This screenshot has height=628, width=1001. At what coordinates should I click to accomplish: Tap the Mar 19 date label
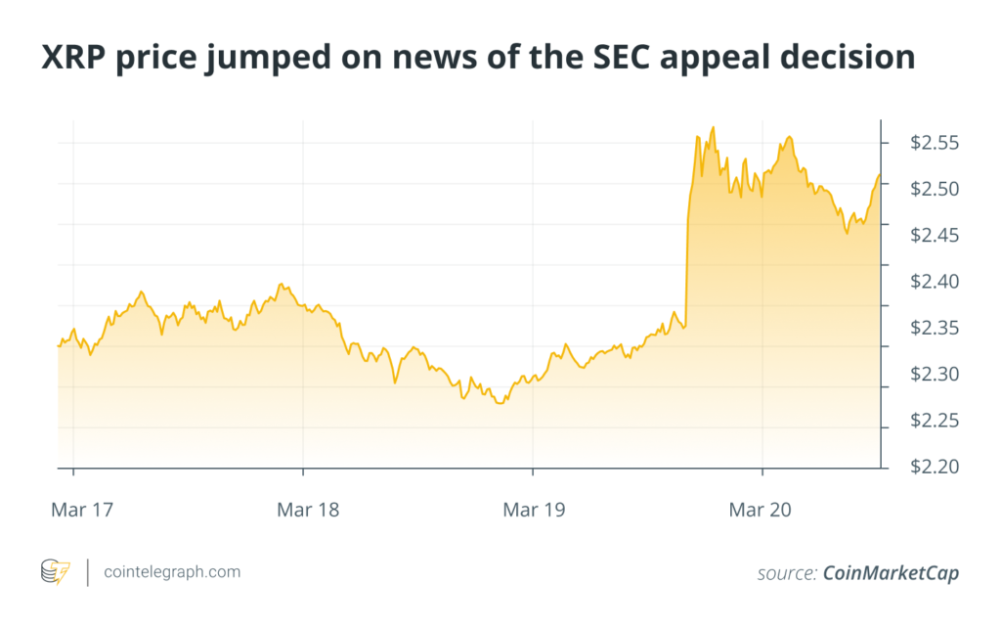pyautogui.click(x=534, y=509)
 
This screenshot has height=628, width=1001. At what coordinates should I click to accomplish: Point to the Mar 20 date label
pyautogui.click(x=763, y=509)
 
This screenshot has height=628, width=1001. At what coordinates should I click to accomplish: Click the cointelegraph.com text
pyautogui.click(x=172, y=572)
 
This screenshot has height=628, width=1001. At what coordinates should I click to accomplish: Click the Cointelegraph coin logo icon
pyautogui.click(x=55, y=572)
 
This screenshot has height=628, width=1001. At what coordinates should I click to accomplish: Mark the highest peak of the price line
pyautogui.click(x=714, y=127)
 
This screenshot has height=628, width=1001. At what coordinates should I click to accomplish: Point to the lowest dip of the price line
pyautogui.click(x=500, y=402)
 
